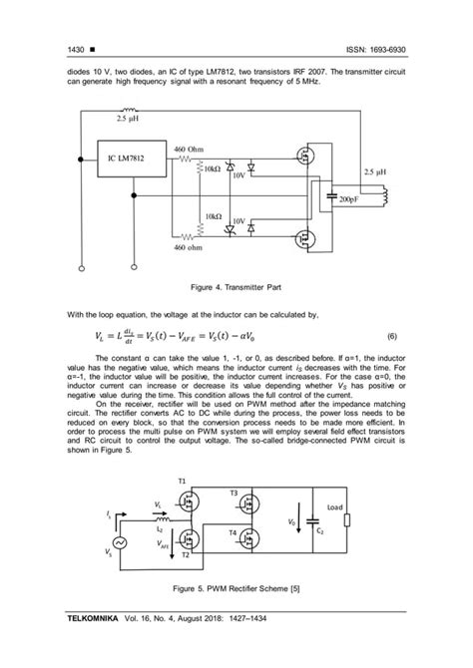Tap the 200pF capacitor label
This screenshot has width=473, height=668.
(x=349, y=199)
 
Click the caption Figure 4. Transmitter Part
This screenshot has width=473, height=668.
(x=236, y=288)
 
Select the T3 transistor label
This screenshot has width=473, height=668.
(x=234, y=493)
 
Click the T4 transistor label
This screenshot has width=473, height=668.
(x=232, y=533)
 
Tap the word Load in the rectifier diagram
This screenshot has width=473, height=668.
(x=335, y=507)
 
